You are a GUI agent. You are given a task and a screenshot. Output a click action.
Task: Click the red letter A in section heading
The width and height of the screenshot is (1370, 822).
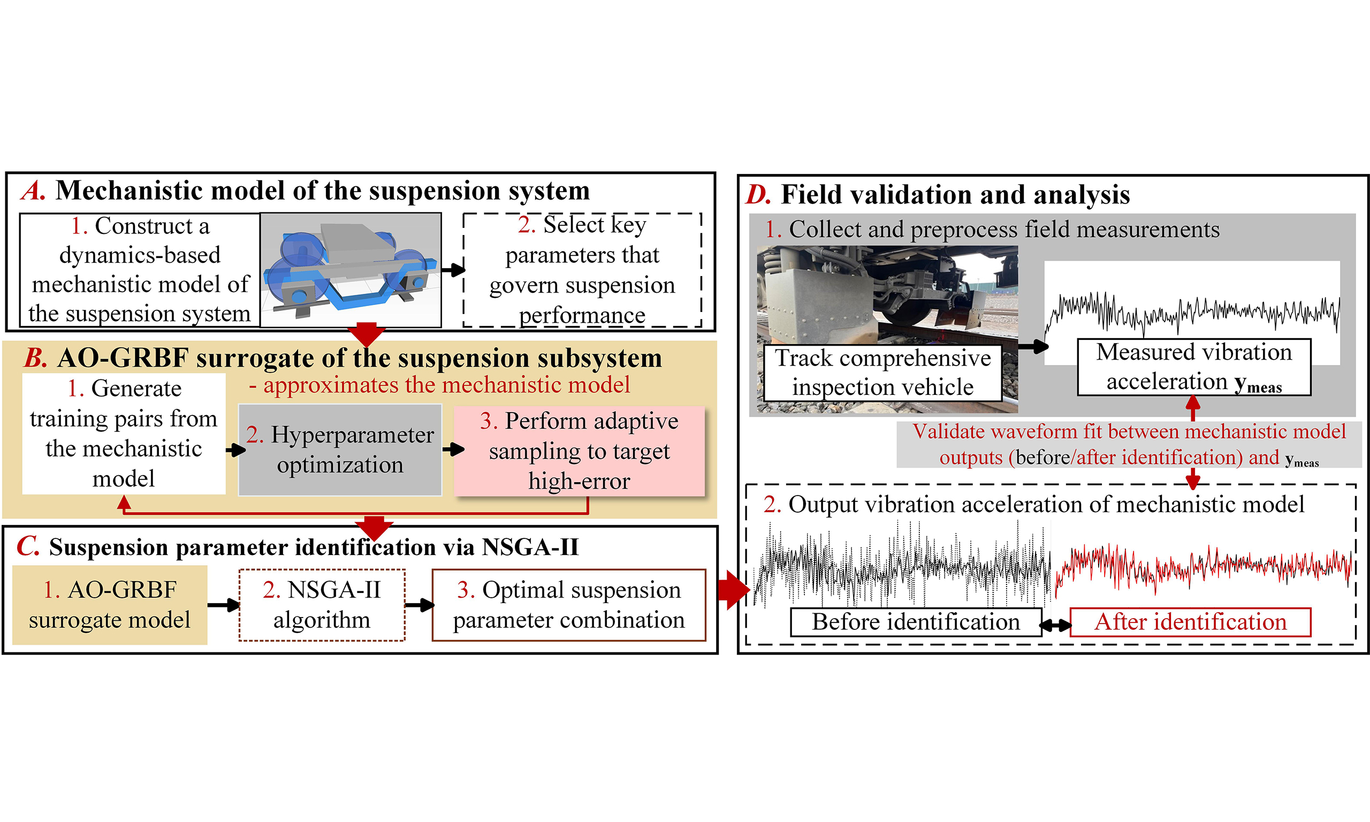click(x=33, y=191)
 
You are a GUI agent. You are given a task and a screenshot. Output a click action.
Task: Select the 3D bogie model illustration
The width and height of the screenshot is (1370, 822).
click(x=351, y=270)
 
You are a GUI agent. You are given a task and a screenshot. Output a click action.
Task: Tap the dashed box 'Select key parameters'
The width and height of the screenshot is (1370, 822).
click(x=582, y=270)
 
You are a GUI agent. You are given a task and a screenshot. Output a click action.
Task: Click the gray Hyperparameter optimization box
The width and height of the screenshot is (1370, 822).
click(x=340, y=450)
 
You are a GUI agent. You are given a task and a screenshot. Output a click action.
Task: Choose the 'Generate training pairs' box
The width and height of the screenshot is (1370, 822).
click(x=124, y=433)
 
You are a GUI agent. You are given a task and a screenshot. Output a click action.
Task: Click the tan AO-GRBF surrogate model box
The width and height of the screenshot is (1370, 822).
click(x=110, y=605)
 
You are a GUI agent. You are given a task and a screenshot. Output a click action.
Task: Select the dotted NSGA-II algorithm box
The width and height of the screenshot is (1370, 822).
click(x=322, y=605)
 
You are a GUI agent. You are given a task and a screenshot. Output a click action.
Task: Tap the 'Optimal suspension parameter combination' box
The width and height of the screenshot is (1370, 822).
click(x=569, y=605)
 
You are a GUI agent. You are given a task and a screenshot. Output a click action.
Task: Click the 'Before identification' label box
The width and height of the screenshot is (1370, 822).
click(x=915, y=622)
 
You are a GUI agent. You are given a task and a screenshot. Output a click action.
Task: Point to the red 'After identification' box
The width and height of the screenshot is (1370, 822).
click(x=1190, y=622)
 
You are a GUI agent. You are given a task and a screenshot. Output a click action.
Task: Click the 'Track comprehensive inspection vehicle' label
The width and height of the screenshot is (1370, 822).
click(x=882, y=373)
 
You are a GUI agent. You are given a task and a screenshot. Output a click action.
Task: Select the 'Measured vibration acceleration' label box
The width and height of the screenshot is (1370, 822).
click(x=1193, y=367)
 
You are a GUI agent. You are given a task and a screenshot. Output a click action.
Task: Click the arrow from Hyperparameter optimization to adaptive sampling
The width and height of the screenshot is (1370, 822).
click(x=453, y=449)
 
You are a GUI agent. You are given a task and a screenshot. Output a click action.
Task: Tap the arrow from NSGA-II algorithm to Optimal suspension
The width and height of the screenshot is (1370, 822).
click(x=418, y=605)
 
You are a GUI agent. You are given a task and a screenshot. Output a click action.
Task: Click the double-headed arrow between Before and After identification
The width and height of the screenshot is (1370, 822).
click(x=1055, y=626)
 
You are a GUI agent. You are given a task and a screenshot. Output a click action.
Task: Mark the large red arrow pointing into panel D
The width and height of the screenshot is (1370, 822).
click(x=733, y=590)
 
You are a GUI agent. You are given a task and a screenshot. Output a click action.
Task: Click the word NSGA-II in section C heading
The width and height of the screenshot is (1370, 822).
click(x=530, y=547)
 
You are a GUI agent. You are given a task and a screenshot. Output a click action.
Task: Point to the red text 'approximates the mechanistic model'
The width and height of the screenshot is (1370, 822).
click(x=446, y=385)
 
